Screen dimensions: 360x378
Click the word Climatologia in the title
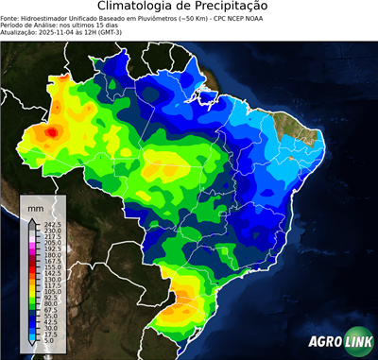point(138,8)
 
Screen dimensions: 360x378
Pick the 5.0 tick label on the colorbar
point(48,343)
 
